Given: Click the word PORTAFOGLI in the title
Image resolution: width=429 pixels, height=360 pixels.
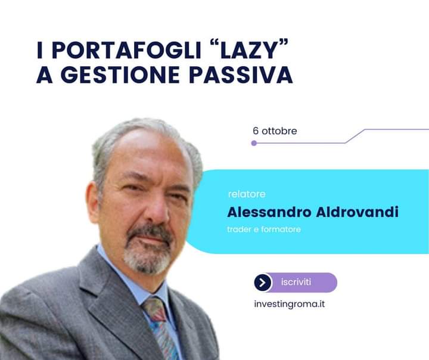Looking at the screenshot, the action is coord(126,50).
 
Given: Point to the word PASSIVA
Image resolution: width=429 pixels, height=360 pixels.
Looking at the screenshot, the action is coord(241,75).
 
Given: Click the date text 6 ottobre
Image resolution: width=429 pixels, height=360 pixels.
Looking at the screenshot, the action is coord(275,131).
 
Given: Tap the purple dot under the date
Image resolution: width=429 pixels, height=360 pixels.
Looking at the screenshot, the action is coord(254,143).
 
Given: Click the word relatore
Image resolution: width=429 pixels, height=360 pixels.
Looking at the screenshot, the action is coord(247,194).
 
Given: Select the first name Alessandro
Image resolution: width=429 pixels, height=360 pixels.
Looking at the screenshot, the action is coord(269,212).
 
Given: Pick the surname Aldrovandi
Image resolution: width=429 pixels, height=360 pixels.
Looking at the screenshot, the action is coord(357,212).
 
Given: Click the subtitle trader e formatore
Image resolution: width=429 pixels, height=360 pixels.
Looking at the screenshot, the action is coord(264,229).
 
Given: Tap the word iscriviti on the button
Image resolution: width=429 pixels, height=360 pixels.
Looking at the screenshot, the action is coord(296,282).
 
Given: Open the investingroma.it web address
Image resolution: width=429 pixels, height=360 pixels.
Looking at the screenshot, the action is coord(290,304).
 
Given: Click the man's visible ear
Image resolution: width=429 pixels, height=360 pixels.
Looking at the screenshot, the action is coord(92,202).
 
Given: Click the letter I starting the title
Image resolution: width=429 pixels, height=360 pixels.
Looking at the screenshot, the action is coord(40,50).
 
